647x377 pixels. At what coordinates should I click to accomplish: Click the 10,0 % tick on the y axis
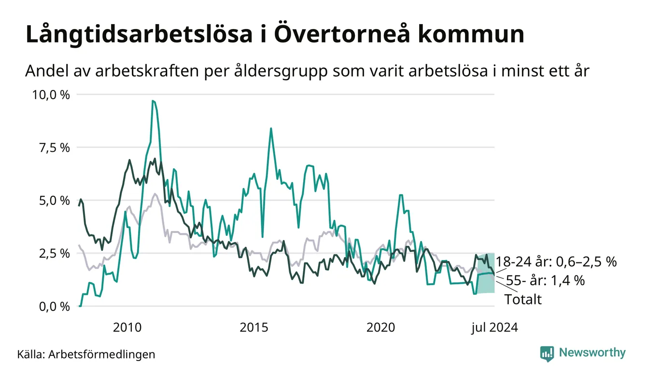point(51,95)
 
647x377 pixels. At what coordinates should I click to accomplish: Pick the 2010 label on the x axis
point(127,328)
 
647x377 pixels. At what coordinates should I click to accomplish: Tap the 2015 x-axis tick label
point(254,328)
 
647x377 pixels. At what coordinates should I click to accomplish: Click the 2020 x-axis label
point(381,328)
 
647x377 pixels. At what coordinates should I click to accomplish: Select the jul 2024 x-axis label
point(494,328)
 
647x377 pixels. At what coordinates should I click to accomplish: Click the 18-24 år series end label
point(557,262)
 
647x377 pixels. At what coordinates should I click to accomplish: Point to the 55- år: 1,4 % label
point(545,280)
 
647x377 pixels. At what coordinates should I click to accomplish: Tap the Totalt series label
point(523,300)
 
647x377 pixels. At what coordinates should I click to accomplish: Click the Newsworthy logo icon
point(547,353)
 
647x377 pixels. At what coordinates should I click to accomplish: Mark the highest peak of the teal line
point(153,101)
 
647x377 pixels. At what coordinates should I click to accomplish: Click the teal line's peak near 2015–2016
point(271,129)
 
